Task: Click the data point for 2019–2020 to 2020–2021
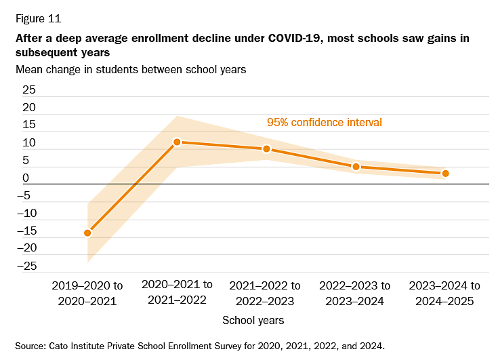[x=87, y=233]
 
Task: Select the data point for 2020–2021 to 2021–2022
[x=177, y=142]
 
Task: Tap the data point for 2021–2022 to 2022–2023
[x=266, y=148]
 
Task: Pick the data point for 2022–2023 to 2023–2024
[x=356, y=166]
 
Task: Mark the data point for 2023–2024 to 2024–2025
[x=445, y=174]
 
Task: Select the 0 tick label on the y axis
[x=26, y=178]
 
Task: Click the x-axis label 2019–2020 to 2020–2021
[x=87, y=293]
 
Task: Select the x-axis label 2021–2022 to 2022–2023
[x=266, y=293]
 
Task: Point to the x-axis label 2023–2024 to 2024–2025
[x=445, y=293]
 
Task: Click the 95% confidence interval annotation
[x=324, y=123]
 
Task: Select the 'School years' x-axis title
[x=253, y=320]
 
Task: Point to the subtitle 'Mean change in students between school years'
[x=131, y=68]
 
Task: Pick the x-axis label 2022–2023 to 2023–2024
[x=356, y=293]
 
